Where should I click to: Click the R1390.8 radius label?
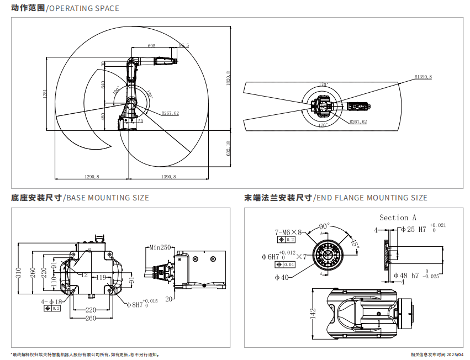point(423,77)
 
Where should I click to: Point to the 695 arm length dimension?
point(152,46)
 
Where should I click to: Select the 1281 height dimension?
point(45,94)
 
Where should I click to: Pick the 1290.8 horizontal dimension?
point(91,177)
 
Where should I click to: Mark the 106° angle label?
point(115,90)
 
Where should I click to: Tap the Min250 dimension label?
point(159,247)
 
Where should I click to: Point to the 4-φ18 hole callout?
point(51,301)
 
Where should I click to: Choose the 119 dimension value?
point(101,277)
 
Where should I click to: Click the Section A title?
point(398,218)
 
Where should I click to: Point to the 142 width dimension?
point(313,314)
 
